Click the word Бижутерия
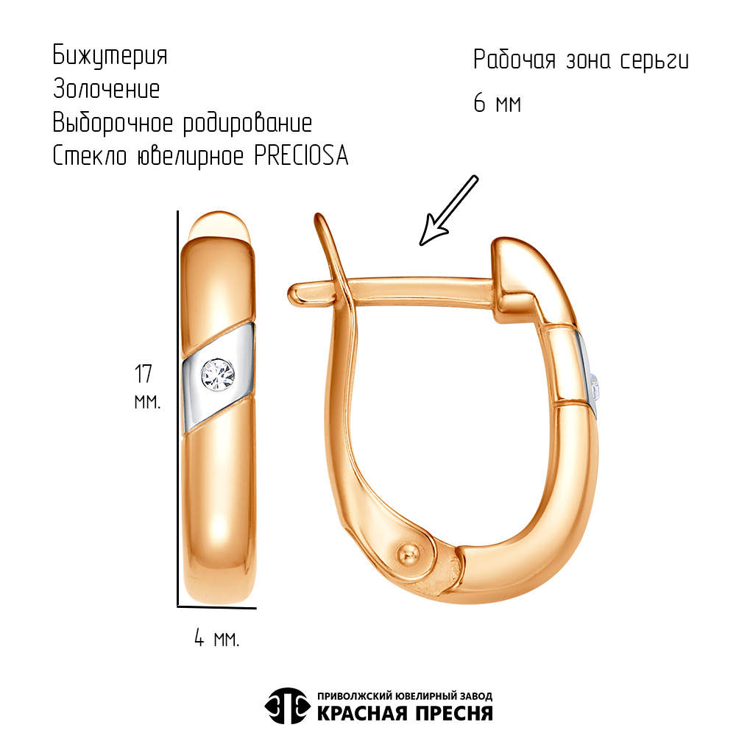pyautogui.click(x=110, y=56)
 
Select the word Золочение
pyautogui.click(x=106, y=90)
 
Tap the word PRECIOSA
pyautogui.click(x=301, y=156)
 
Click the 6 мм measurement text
pyautogui.click(x=498, y=104)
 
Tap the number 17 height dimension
pyautogui.click(x=144, y=373)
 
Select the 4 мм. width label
pyautogui.click(x=216, y=638)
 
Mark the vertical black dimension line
pyautogui.click(x=178, y=408)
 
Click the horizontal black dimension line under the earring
pyautogui.click(x=217, y=608)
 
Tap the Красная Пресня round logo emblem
pyautogui.click(x=286, y=705)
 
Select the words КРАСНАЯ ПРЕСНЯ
pyautogui.click(x=404, y=712)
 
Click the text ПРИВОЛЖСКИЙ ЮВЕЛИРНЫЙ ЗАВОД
pyautogui.click(x=404, y=696)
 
